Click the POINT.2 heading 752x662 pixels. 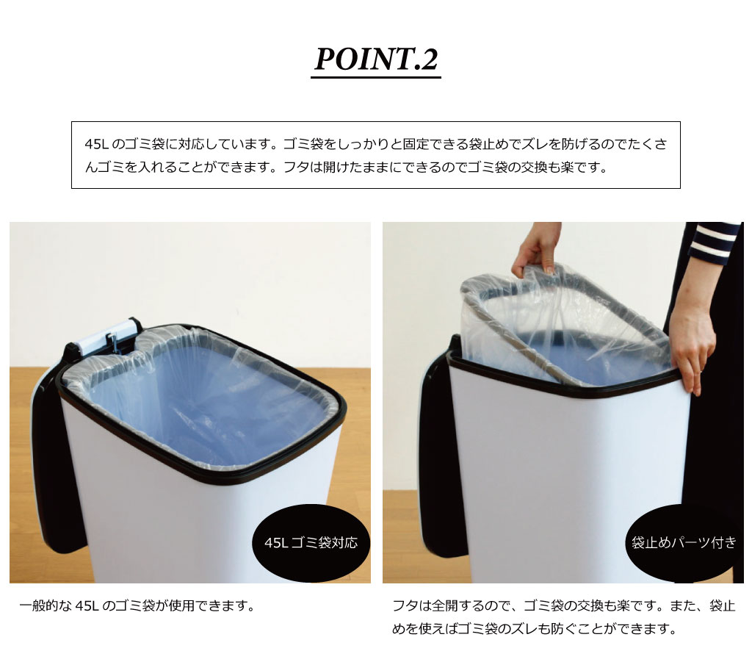click(376, 60)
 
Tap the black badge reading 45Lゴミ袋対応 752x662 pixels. click(311, 542)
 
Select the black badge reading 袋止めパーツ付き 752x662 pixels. click(684, 542)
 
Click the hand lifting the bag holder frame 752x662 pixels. click(537, 250)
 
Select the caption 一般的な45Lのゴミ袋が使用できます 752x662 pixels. click(137, 606)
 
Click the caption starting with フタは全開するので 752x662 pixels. click(563, 617)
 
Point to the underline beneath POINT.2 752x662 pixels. click(376, 76)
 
